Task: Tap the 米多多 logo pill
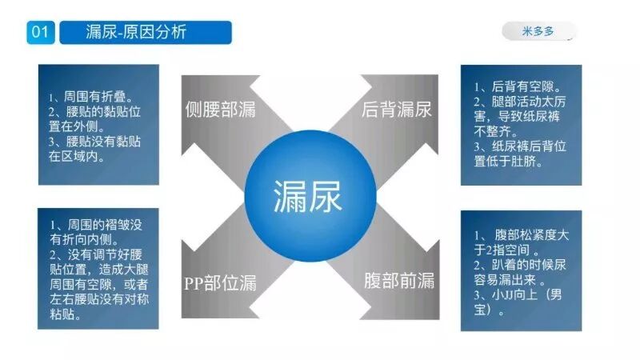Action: [538, 32]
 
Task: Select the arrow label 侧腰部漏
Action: [220, 110]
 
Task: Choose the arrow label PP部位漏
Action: [220, 281]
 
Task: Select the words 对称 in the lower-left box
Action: [140, 299]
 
